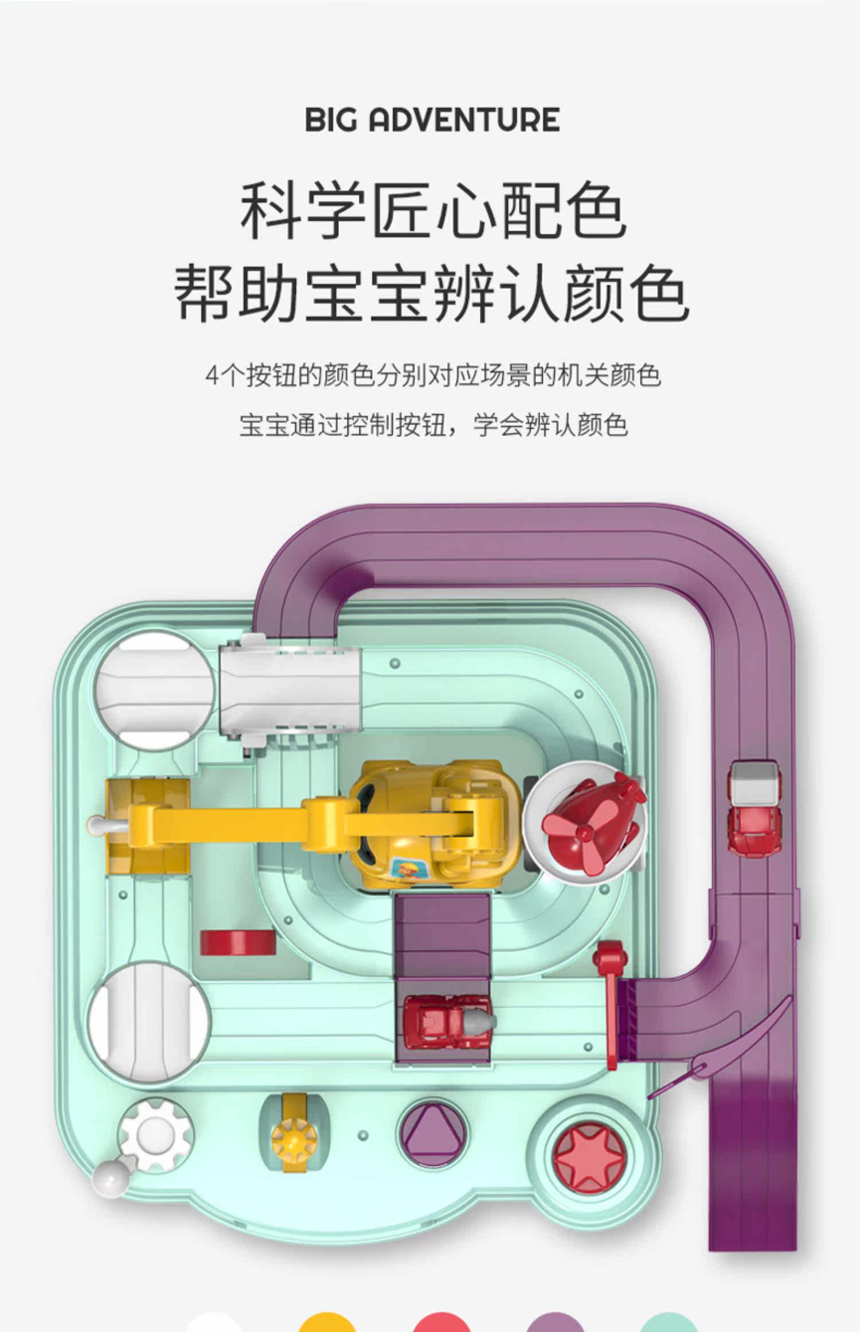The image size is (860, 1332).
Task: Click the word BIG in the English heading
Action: click(x=331, y=120)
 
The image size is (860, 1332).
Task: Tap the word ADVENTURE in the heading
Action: click(x=464, y=120)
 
